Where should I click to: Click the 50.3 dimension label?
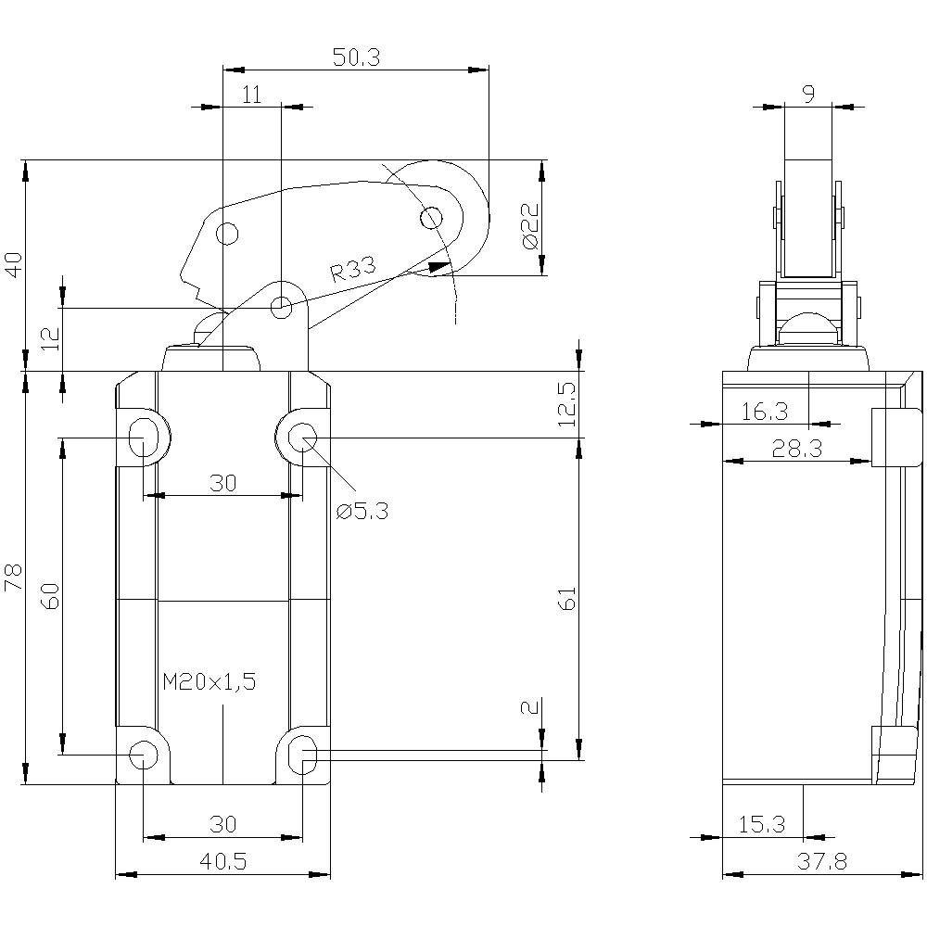(356, 57)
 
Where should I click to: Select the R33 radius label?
(353, 272)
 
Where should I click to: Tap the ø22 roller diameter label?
(529, 226)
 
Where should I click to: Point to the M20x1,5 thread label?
(209, 682)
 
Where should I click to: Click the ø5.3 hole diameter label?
(362, 510)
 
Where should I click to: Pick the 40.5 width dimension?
(222, 861)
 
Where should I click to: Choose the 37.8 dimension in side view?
(821, 861)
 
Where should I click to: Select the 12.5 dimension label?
(567, 403)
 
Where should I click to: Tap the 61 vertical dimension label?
(567, 598)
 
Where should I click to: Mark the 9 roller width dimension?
(807, 94)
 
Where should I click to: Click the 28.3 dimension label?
(796, 449)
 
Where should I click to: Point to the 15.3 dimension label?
(762, 823)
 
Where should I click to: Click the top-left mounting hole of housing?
(143, 436)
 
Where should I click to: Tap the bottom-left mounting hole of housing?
(143, 755)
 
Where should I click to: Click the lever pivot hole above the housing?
(281, 307)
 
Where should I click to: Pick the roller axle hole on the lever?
(431, 219)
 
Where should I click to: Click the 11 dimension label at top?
(251, 94)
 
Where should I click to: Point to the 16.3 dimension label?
(765, 412)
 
